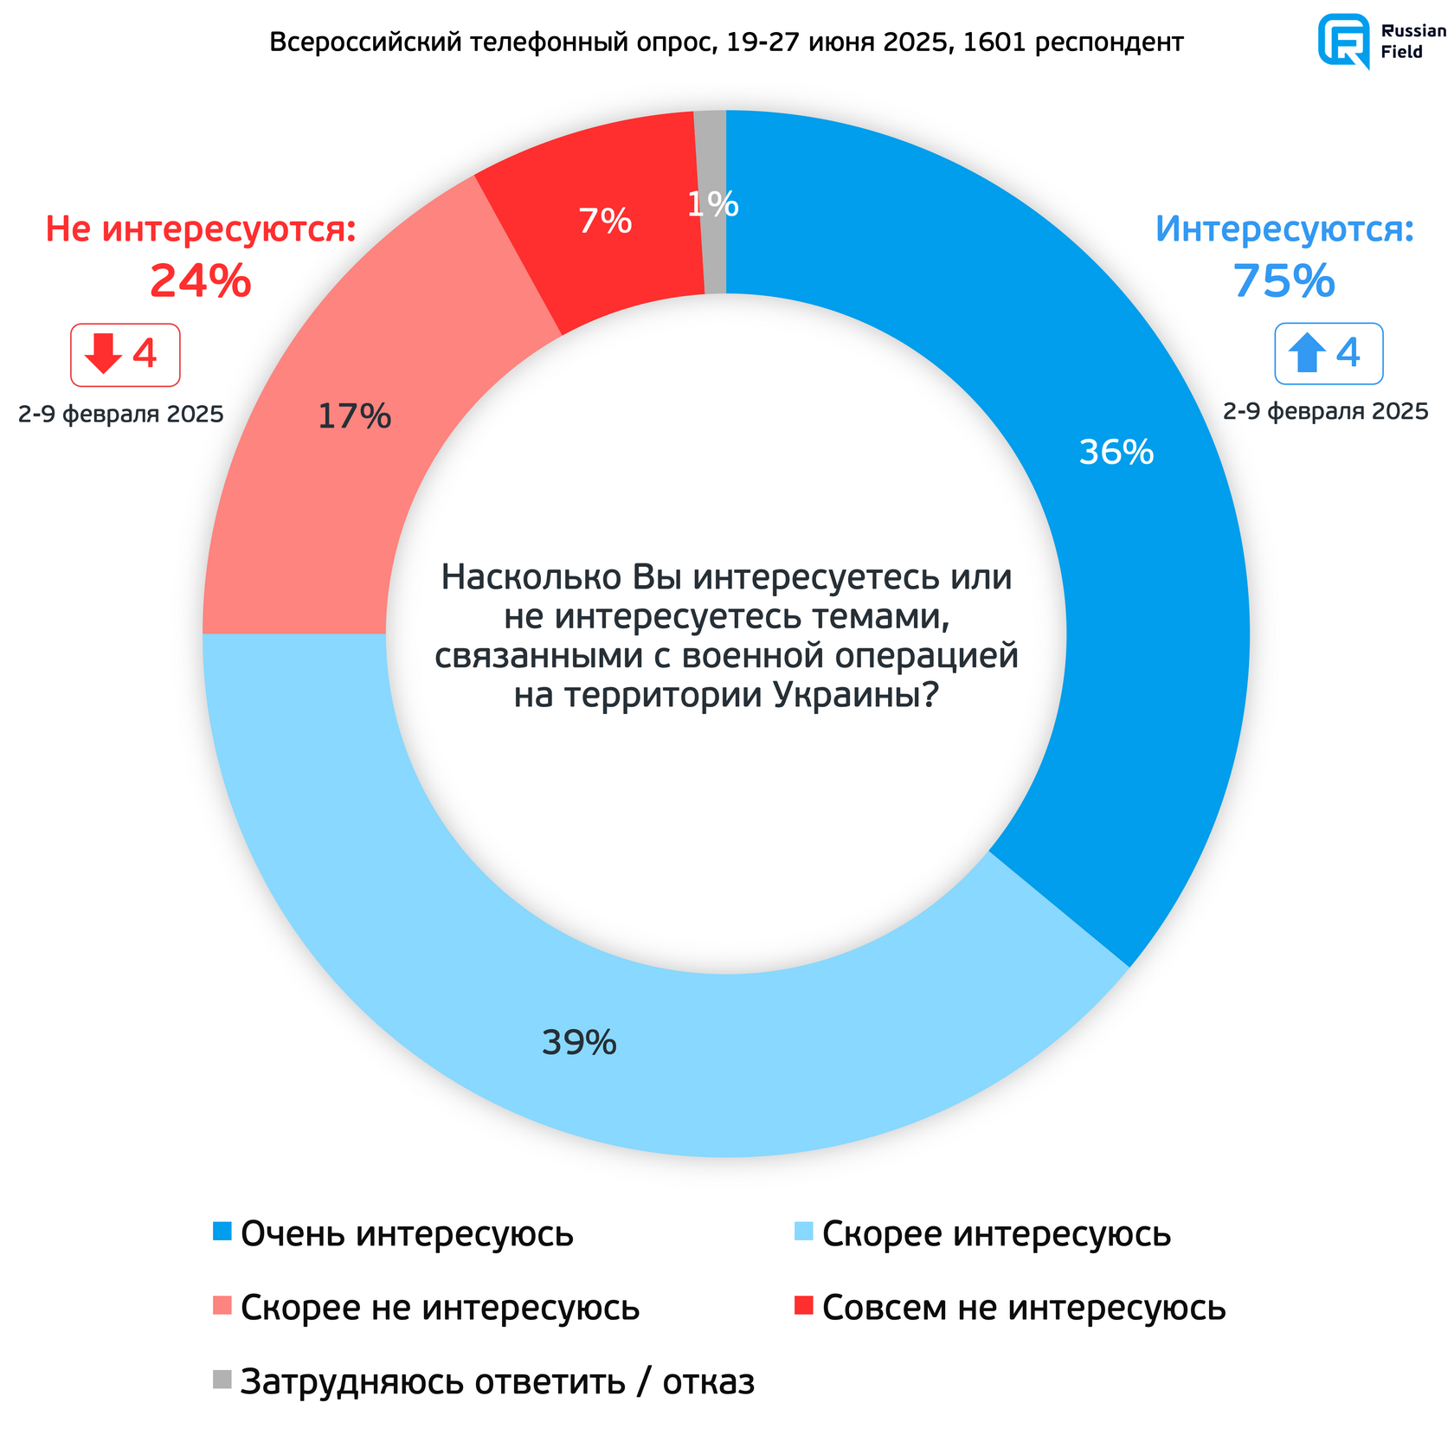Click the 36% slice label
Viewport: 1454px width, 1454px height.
point(1116,452)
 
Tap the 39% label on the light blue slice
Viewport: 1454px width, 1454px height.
point(579,1043)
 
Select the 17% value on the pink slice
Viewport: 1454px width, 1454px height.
point(354,417)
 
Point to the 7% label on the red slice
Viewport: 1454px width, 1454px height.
point(605,222)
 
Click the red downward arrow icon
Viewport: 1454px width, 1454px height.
point(104,353)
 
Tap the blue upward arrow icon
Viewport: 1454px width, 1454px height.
point(1307,353)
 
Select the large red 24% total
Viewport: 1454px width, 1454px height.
point(200,282)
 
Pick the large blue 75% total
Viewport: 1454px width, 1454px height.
point(1284,282)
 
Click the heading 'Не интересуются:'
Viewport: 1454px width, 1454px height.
point(201,229)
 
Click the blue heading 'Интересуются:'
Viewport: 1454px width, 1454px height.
point(1284,229)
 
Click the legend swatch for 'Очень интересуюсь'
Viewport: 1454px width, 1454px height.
point(222,1231)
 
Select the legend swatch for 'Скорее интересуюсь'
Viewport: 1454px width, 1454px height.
point(804,1231)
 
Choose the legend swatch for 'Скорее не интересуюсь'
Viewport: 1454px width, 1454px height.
point(222,1305)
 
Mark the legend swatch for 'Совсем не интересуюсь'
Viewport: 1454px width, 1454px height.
point(804,1305)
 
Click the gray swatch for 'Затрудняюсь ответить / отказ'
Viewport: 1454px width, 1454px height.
point(222,1380)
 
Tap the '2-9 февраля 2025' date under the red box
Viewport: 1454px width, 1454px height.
point(121,415)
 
